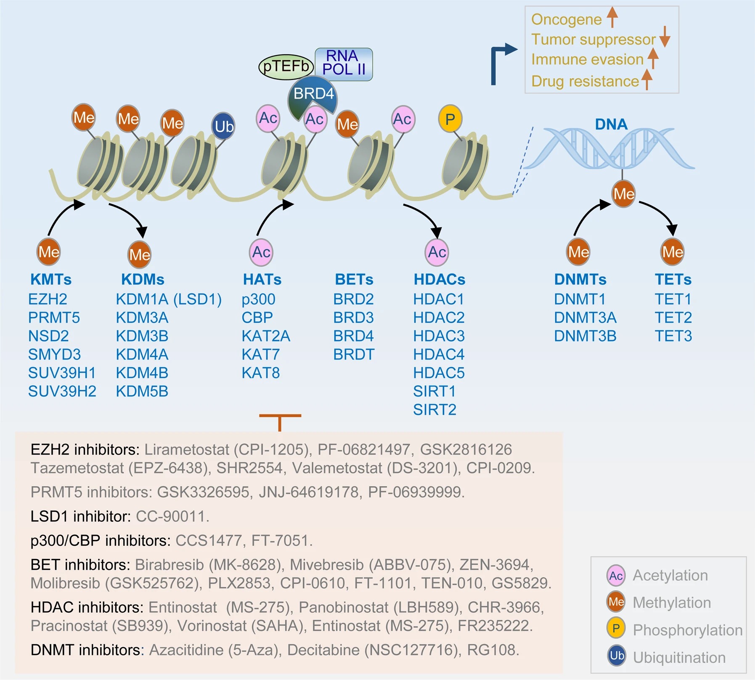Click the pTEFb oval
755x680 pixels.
(286, 66)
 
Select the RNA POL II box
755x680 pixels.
(344, 64)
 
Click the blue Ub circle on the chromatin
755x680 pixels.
(223, 126)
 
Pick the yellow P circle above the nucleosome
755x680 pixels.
(450, 119)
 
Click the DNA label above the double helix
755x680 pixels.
(611, 124)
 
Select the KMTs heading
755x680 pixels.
(51, 279)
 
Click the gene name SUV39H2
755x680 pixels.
(62, 392)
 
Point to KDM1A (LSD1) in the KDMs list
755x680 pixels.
(168, 299)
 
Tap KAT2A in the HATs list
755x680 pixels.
(266, 336)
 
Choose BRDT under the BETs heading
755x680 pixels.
(354, 355)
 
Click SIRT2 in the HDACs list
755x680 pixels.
(434, 410)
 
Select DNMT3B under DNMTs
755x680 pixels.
(585, 336)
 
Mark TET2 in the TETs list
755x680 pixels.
(673, 318)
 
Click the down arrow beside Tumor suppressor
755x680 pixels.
(665, 37)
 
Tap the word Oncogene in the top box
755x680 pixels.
(566, 19)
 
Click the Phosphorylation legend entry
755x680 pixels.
(687, 630)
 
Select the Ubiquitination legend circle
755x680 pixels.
(617, 656)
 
